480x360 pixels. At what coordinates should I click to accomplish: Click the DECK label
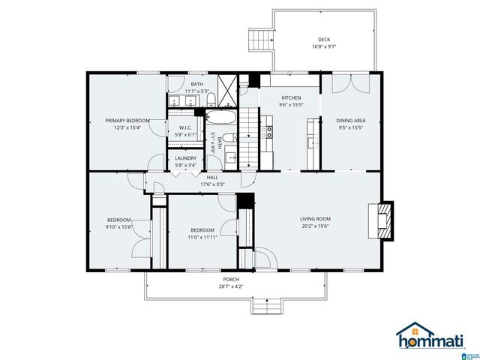click(x=323, y=40)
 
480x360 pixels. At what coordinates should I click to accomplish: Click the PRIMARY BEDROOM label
click(x=127, y=120)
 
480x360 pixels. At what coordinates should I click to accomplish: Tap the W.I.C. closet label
click(x=184, y=127)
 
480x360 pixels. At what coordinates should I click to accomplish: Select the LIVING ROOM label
click(x=316, y=219)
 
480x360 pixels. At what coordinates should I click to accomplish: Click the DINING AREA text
click(x=350, y=120)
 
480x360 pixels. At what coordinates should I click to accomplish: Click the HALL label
click(x=212, y=177)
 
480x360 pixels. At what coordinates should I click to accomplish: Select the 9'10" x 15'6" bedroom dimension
click(x=118, y=226)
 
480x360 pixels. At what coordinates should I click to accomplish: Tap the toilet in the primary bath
click(x=211, y=99)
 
